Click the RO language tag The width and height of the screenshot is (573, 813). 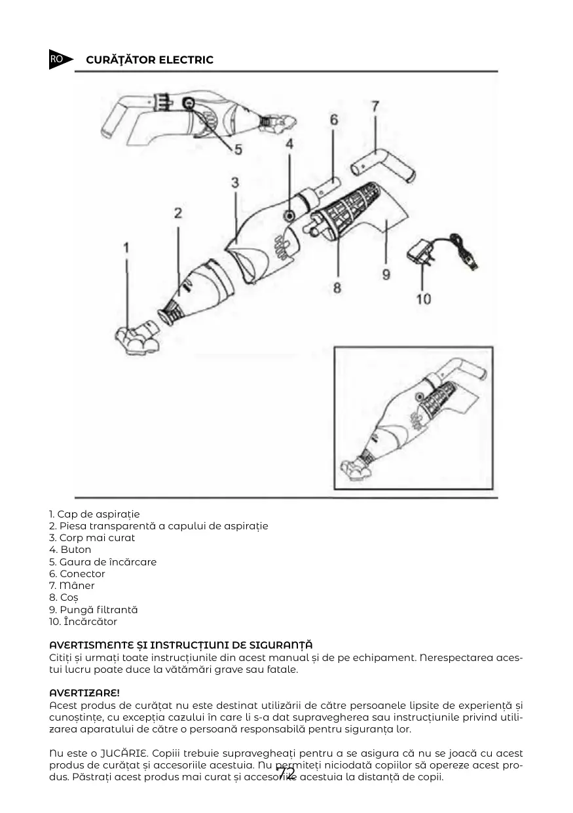point(57,59)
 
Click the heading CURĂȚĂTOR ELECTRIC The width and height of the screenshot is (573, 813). point(149,60)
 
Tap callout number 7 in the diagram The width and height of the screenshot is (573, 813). point(375,105)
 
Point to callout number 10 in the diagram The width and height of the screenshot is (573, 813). point(424,299)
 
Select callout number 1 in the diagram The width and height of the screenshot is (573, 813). point(126,248)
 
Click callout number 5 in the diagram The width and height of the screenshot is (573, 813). point(238,149)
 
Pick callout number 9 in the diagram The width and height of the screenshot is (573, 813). point(386,274)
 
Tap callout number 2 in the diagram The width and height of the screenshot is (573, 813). point(177,213)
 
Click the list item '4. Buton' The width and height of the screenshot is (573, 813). point(70,550)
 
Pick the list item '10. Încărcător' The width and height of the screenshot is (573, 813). point(83,621)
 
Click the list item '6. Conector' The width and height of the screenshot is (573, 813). point(77,574)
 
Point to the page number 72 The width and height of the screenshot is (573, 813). point(286,774)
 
